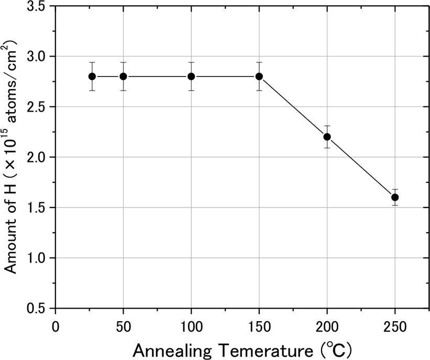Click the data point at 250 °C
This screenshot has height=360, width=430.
pos(395,197)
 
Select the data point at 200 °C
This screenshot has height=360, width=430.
pos(327,137)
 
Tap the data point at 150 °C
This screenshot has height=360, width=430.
pos(259,76)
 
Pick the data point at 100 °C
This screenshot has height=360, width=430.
pos(191,76)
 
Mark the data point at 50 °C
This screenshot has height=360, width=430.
pos(123,76)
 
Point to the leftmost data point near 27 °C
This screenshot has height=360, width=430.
pos(92,76)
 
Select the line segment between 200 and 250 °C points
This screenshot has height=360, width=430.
pos(361,167)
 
